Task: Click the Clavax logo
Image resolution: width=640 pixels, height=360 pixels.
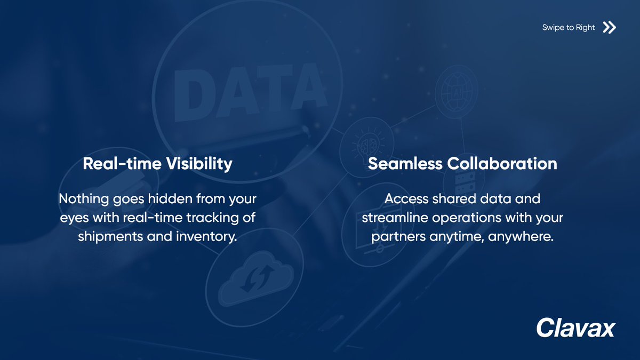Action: click(x=575, y=327)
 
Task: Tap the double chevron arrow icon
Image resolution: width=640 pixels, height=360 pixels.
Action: click(x=609, y=28)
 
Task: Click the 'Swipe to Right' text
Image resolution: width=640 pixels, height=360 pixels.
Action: click(x=568, y=28)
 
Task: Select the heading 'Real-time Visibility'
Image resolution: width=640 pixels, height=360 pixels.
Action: click(x=157, y=164)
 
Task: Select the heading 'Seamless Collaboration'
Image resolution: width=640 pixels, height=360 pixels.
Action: click(x=462, y=164)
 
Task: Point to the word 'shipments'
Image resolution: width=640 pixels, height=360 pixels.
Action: click(x=107, y=236)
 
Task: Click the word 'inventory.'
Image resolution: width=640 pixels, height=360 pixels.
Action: click(x=206, y=236)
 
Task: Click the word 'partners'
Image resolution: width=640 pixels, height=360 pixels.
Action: click(x=398, y=236)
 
